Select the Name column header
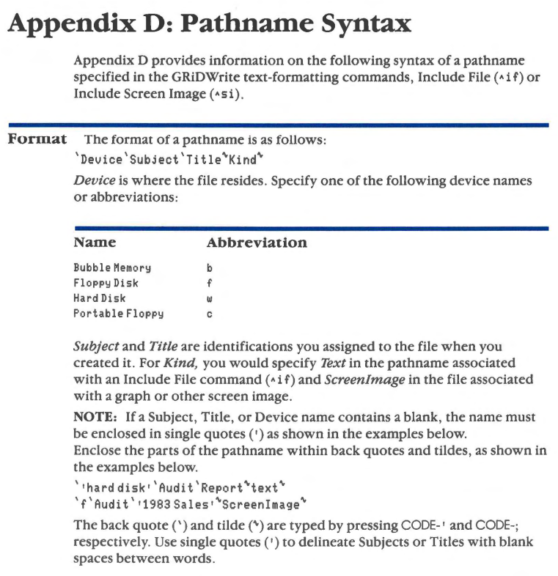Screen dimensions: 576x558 click(x=95, y=243)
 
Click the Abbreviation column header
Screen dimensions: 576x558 click(x=257, y=243)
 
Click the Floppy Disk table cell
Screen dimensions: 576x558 click(x=106, y=284)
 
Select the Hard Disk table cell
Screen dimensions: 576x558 click(x=100, y=298)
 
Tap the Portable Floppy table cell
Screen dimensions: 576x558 click(x=118, y=313)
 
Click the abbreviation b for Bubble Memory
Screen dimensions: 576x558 click(x=210, y=269)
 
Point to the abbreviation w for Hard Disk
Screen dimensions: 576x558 click(x=210, y=298)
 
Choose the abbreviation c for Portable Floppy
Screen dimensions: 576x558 click(x=210, y=313)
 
